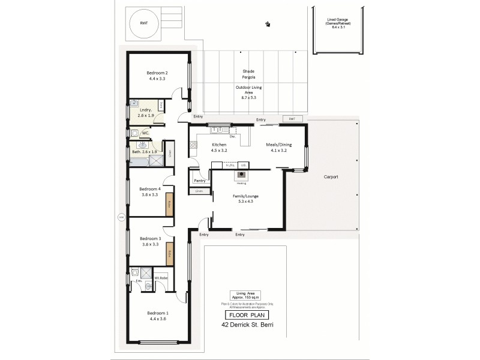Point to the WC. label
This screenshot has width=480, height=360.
pos(146,133)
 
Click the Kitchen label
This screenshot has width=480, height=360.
pos(218,148)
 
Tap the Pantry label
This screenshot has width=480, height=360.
pos(200,181)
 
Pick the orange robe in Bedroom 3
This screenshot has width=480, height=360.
pos(170,253)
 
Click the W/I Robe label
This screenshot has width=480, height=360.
pos(160,277)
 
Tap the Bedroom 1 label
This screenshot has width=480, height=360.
pos(158,316)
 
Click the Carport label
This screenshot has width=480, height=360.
pos(331,177)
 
